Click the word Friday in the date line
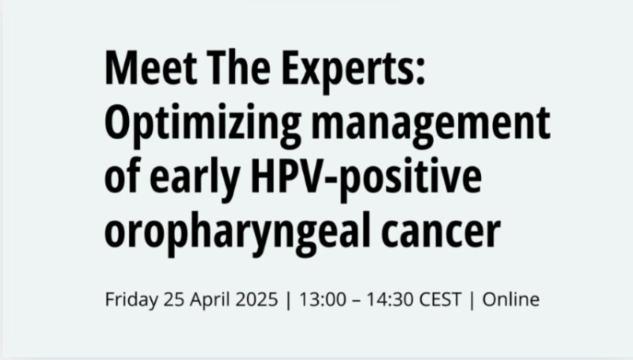pyautogui.click(x=130, y=301)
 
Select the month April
pyautogui.click(x=209, y=301)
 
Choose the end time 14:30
pyautogui.click(x=387, y=300)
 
